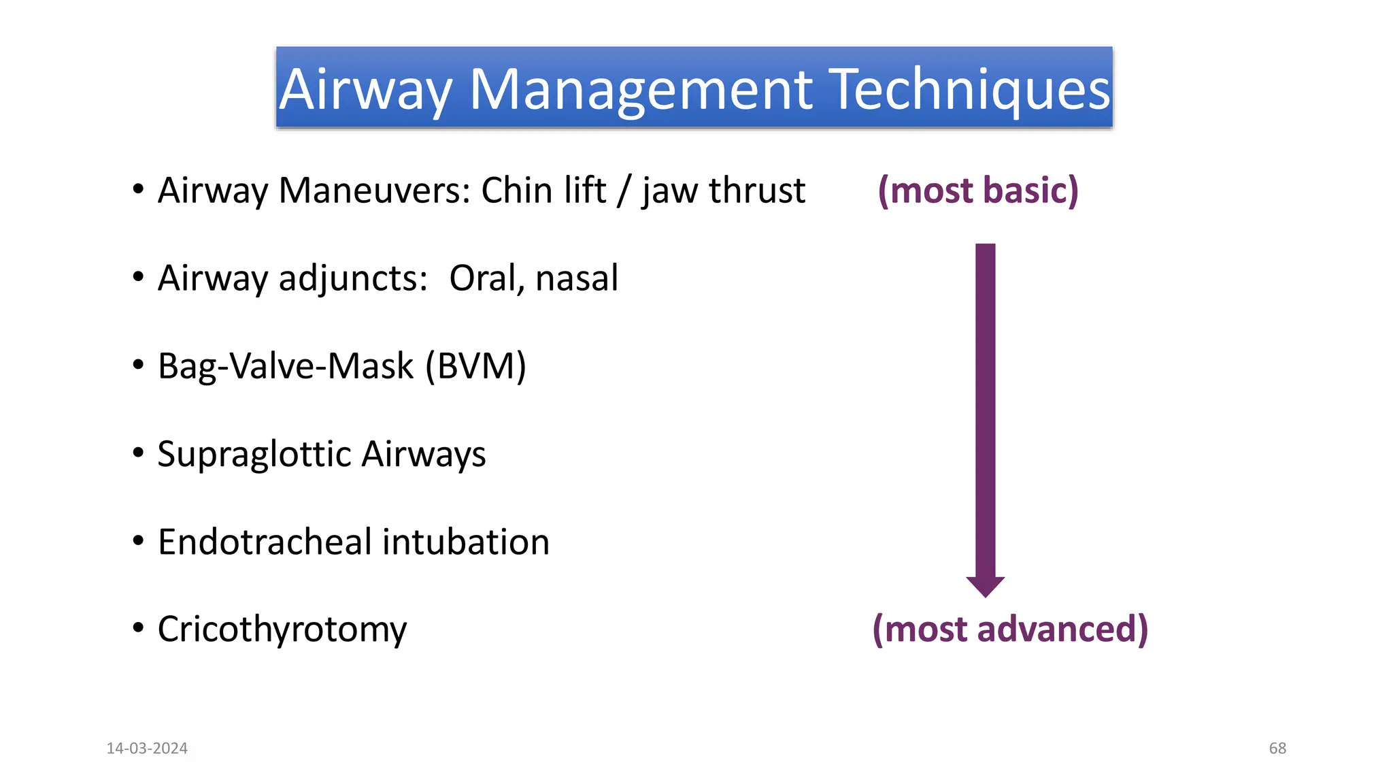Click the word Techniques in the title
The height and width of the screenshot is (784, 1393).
972,90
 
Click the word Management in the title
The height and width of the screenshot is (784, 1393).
641,90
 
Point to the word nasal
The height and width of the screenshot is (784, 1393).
577,278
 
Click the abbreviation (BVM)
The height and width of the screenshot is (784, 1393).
475,366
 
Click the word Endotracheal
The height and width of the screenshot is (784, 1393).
265,542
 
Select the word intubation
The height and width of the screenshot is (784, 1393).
466,542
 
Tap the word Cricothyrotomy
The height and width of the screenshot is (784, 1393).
282,630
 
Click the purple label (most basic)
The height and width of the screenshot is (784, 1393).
978,191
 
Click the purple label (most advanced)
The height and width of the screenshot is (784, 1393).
1010,629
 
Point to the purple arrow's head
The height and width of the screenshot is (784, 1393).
985,585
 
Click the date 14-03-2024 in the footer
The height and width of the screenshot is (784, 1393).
147,749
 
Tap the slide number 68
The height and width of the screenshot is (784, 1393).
1277,749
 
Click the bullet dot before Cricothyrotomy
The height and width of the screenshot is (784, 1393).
138,628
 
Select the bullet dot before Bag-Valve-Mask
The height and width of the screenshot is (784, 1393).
138,365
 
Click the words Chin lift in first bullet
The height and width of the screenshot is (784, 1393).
543,191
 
